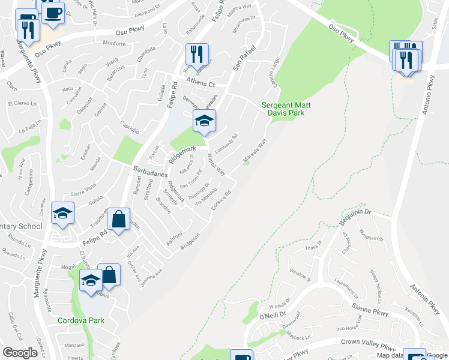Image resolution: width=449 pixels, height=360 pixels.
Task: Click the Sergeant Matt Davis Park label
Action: (x=283, y=109)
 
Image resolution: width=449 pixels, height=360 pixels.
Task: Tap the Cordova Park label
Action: (x=81, y=320)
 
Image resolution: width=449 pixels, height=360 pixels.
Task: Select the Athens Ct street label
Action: (x=200, y=85)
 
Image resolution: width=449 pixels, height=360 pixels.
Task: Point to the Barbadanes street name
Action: (x=150, y=171)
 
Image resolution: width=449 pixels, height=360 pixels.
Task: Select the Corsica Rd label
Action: (x=221, y=200)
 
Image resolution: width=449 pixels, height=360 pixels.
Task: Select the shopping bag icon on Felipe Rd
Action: (x=119, y=220)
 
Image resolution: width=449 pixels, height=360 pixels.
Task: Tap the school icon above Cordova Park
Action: (x=91, y=280)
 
